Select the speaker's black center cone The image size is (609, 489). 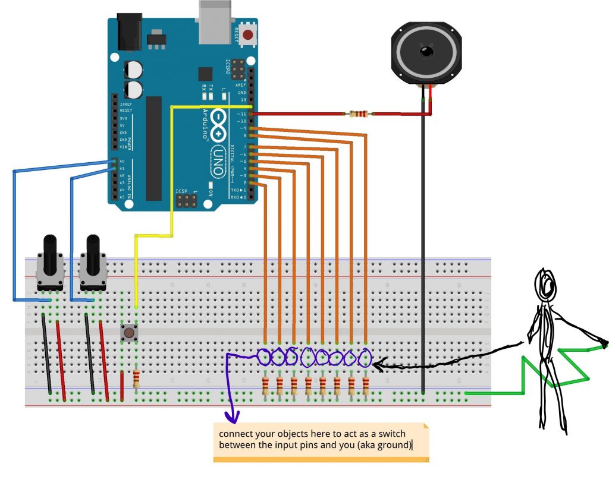click(x=426, y=53)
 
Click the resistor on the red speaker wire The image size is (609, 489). click(x=358, y=113)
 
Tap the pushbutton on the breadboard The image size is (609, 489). click(x=128, y=332)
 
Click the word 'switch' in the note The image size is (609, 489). click(x=360, y=434)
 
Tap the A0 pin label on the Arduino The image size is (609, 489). click(x=122, y=161)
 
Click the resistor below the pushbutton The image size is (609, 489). click(x=137, y=378)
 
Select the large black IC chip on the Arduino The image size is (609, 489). click(x=153, y=149)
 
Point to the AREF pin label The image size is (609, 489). click(x=240, y=85)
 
